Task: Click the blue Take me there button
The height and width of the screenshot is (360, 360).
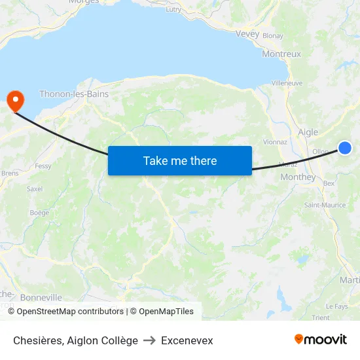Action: (180, 160)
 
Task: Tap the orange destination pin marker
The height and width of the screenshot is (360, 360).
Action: (14, 100)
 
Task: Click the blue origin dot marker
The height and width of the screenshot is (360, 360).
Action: (345, 149)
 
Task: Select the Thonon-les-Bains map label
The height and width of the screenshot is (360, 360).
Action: (74, 94)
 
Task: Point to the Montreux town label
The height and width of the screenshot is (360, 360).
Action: (281, 54)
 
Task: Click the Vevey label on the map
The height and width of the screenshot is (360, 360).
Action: (247, 34)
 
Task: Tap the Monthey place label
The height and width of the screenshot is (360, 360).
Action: (298, 177)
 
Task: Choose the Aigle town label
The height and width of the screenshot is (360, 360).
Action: (308, 132)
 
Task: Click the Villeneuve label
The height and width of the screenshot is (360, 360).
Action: (287, 83)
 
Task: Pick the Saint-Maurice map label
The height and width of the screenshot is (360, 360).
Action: (325, 205)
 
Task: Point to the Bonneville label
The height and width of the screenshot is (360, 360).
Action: (41, 298)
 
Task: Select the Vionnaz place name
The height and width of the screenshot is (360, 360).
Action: (274, 141)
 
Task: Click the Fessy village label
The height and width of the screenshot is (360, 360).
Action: (43, 166)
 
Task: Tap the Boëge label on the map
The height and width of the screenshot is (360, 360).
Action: (39, 213)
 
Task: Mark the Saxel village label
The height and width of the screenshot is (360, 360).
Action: (34, 189)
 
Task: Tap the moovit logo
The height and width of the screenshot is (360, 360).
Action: (321, 339)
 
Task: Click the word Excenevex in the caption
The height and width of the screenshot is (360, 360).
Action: (187, 340)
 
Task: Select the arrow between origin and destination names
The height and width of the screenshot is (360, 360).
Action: (149, 340)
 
